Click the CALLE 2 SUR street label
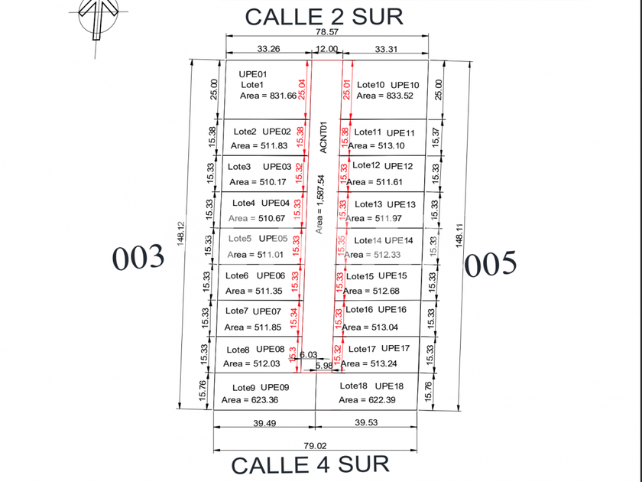323,16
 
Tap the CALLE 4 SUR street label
310,464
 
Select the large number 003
138,258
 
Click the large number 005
491,264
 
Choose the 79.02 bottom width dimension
316,444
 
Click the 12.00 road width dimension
326,49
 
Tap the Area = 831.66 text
268,96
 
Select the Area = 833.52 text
384,96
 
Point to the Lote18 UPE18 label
371,386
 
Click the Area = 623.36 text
250,399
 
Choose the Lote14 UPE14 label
383,240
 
